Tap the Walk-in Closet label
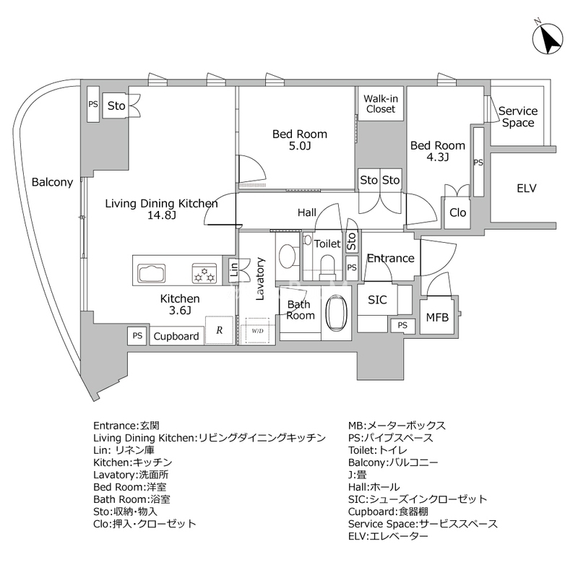click(379, 104)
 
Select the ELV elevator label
click(526, 189)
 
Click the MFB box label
click(436, 317)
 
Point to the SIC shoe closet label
click(377, 300)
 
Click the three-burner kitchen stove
click(204, 275)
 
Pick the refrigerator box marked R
click(219, 330)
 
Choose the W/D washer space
click(258, 331)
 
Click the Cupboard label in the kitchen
click(176, 336)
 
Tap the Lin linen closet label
click(233, 271)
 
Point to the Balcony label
click(53, 182)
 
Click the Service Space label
click(518, 117)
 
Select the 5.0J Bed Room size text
click(300, 147)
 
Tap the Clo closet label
click(457, 212)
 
